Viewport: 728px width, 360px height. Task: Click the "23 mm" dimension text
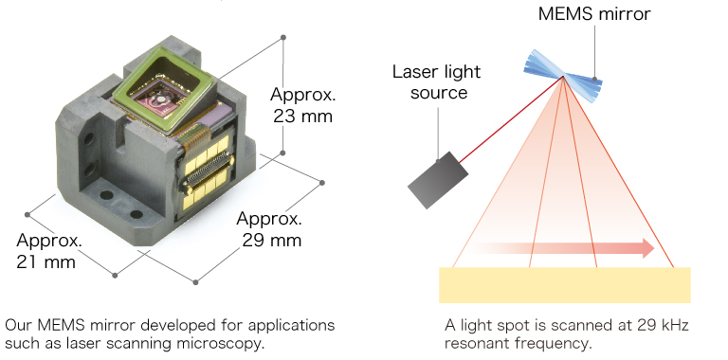303,118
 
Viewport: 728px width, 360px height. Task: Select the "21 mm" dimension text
45,261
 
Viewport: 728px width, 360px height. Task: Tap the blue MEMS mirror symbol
563,71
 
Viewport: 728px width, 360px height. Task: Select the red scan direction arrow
564,248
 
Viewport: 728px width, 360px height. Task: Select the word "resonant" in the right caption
476,343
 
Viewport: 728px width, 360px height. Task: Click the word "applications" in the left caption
285,325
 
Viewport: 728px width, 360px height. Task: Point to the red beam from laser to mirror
512,120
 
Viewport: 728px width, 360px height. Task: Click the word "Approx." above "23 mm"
303,95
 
